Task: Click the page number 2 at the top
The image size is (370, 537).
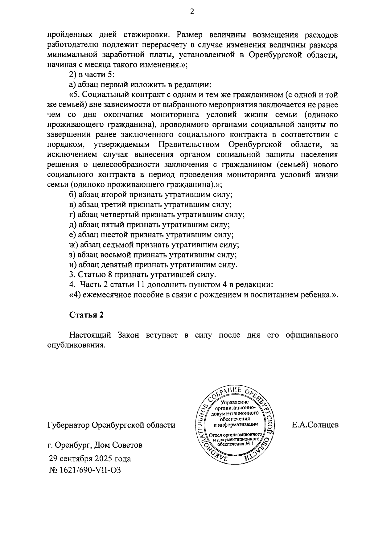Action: tap(192, 12)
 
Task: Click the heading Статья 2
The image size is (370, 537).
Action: tap(86, 315)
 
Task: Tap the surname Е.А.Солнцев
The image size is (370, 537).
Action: tap(315, 425)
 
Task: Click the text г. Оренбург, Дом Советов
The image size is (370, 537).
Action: tap(95, 445)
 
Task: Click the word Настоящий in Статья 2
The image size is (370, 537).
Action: tap(90, 335)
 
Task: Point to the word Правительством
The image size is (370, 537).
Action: tap(189, 145)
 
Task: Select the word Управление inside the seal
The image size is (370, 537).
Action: tap(235, 402)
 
